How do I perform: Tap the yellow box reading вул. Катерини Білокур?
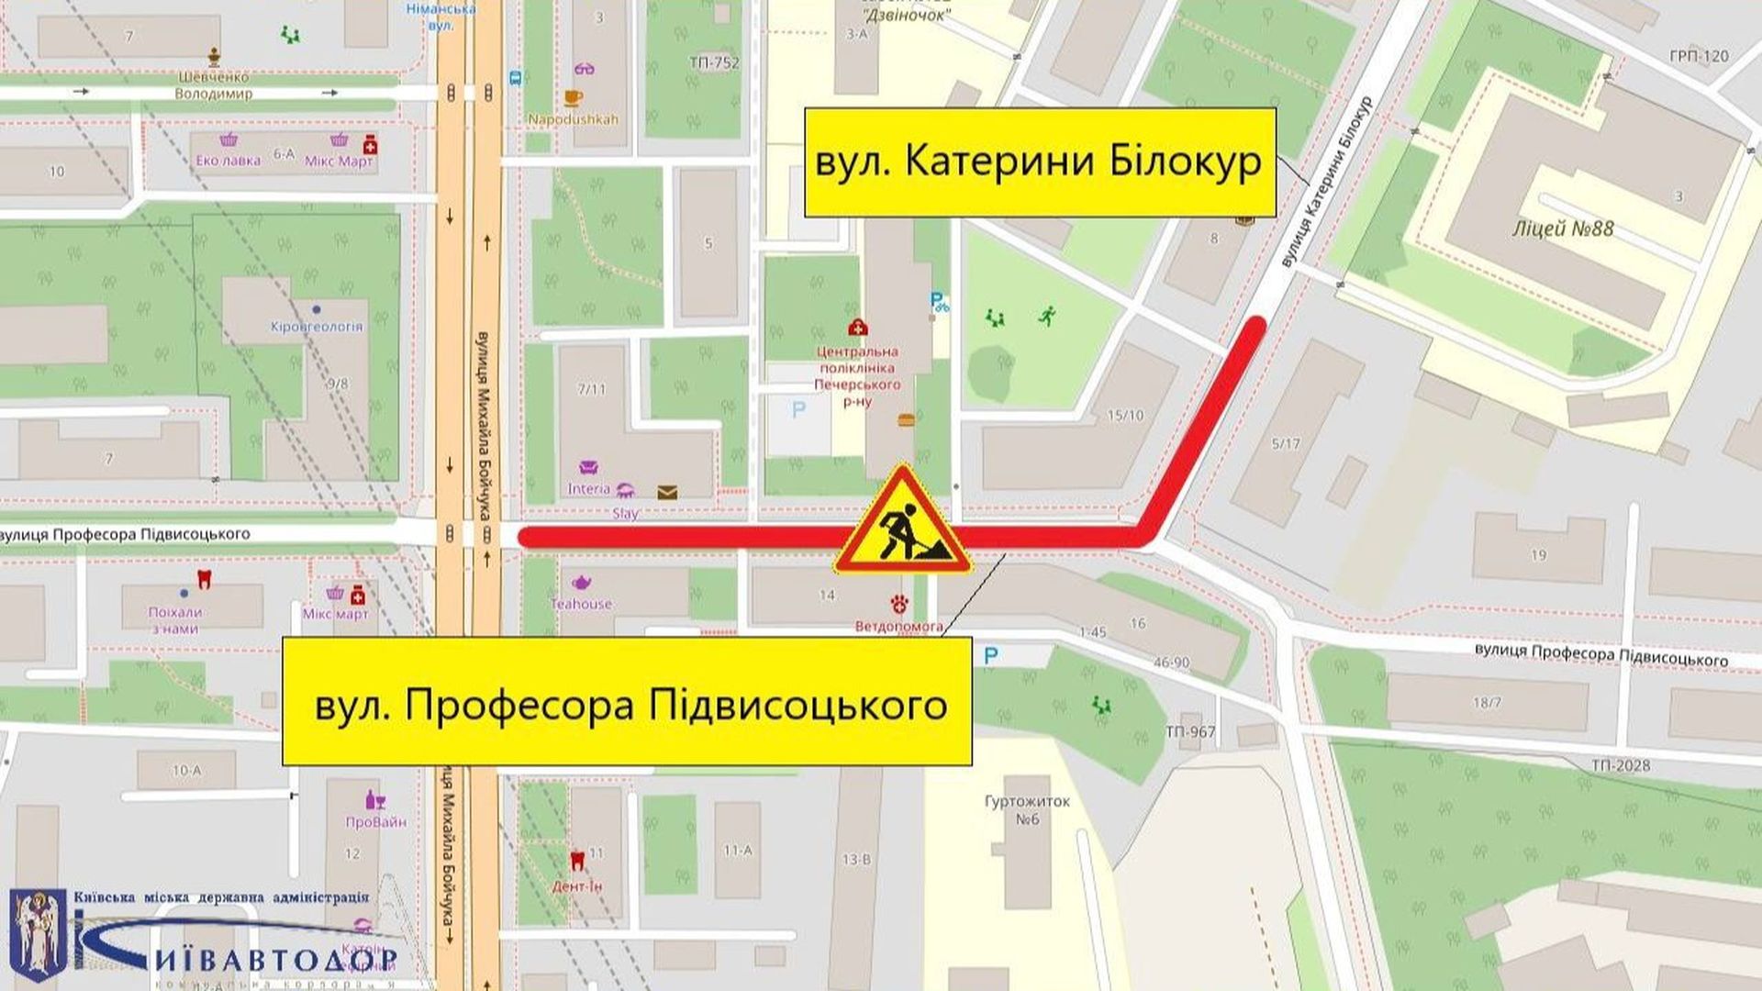click(1040, 162)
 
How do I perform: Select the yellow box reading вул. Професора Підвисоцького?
click(627, 702)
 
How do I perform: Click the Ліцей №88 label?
click(1563, 228)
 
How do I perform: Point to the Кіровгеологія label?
click(317, 326)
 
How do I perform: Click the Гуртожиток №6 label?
click(1027, 809)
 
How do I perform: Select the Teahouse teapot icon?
click(581, 583)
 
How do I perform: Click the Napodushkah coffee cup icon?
click(573, 97)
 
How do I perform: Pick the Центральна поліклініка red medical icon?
click(858, 327)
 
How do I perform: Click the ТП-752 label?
click(713, 63)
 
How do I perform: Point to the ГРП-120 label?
click(1699, 56)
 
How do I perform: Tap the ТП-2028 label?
click(1620, 765)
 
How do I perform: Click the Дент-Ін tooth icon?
click(577, 860)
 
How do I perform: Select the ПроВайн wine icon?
click(375, 799)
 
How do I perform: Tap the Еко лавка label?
click(228, 161)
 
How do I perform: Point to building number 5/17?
click(1286, 444)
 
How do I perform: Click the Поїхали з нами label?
click(174, 619)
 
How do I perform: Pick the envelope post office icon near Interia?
click(667, 493)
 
